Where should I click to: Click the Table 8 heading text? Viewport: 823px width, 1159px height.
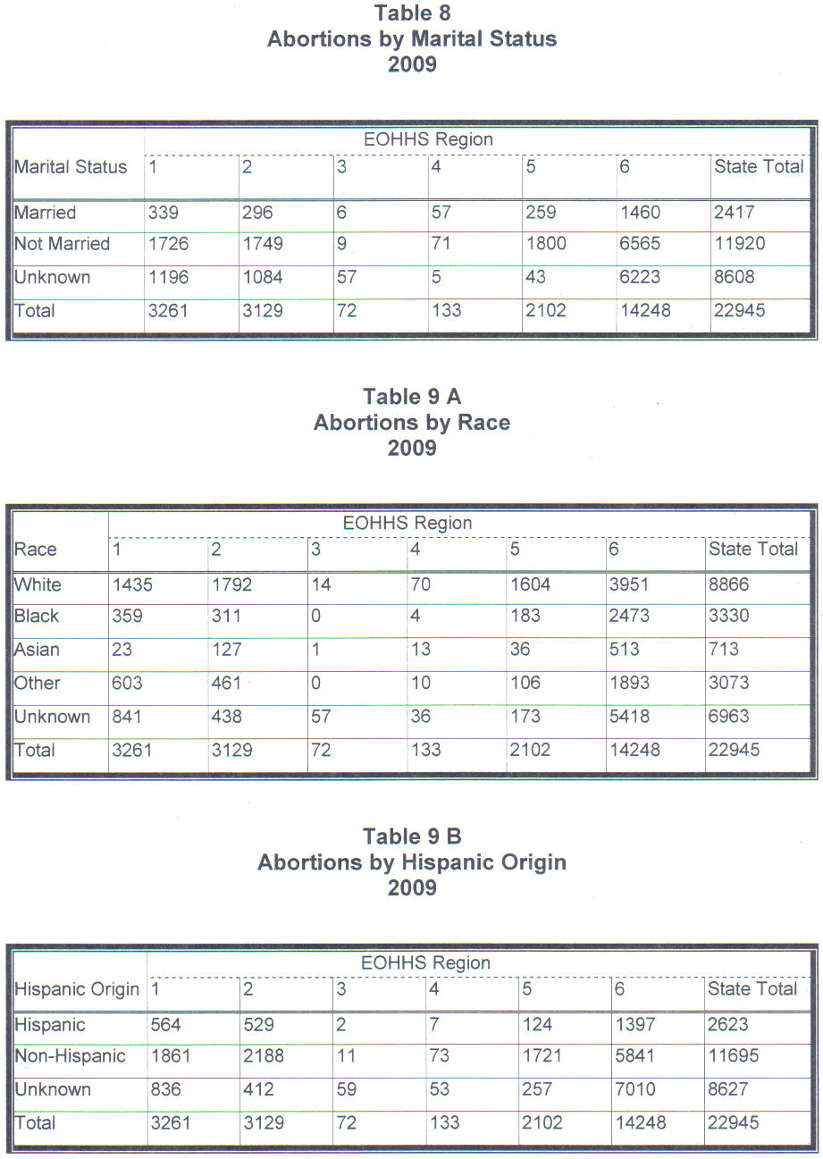coord(412,13)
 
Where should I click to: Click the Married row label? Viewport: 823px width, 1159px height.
coord(45,213)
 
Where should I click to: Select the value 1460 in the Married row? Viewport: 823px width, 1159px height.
coord(640,212)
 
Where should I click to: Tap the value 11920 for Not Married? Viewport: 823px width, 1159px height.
coord(739,243)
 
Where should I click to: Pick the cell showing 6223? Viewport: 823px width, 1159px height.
coord(640,277)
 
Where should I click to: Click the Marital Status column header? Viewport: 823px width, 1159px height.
coord(71,166)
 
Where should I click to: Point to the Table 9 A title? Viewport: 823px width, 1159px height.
coord(412,397)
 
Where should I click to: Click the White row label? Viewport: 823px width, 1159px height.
coord(38,584)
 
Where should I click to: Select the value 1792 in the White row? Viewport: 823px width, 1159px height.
coord(231,584)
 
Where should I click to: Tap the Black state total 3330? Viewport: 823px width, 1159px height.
coord(728,616)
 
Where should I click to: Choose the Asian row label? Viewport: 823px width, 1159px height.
coord(37,650)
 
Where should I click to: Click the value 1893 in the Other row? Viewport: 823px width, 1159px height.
coord(628,683)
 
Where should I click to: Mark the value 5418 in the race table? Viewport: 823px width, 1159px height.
coord(628,717)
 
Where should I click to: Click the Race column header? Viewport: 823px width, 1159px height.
coord(35,549)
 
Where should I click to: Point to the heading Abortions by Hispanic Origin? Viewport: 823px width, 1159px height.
coord(412,862)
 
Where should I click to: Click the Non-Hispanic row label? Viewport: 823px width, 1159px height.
coord(70,1055)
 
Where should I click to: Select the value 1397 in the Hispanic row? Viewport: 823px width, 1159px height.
coord(634,1024)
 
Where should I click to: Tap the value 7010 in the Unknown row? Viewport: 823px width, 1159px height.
coord(634,1089)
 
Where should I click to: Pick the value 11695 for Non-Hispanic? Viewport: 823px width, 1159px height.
coord(733,1055)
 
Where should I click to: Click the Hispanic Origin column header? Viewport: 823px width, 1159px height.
coord(77,989)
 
